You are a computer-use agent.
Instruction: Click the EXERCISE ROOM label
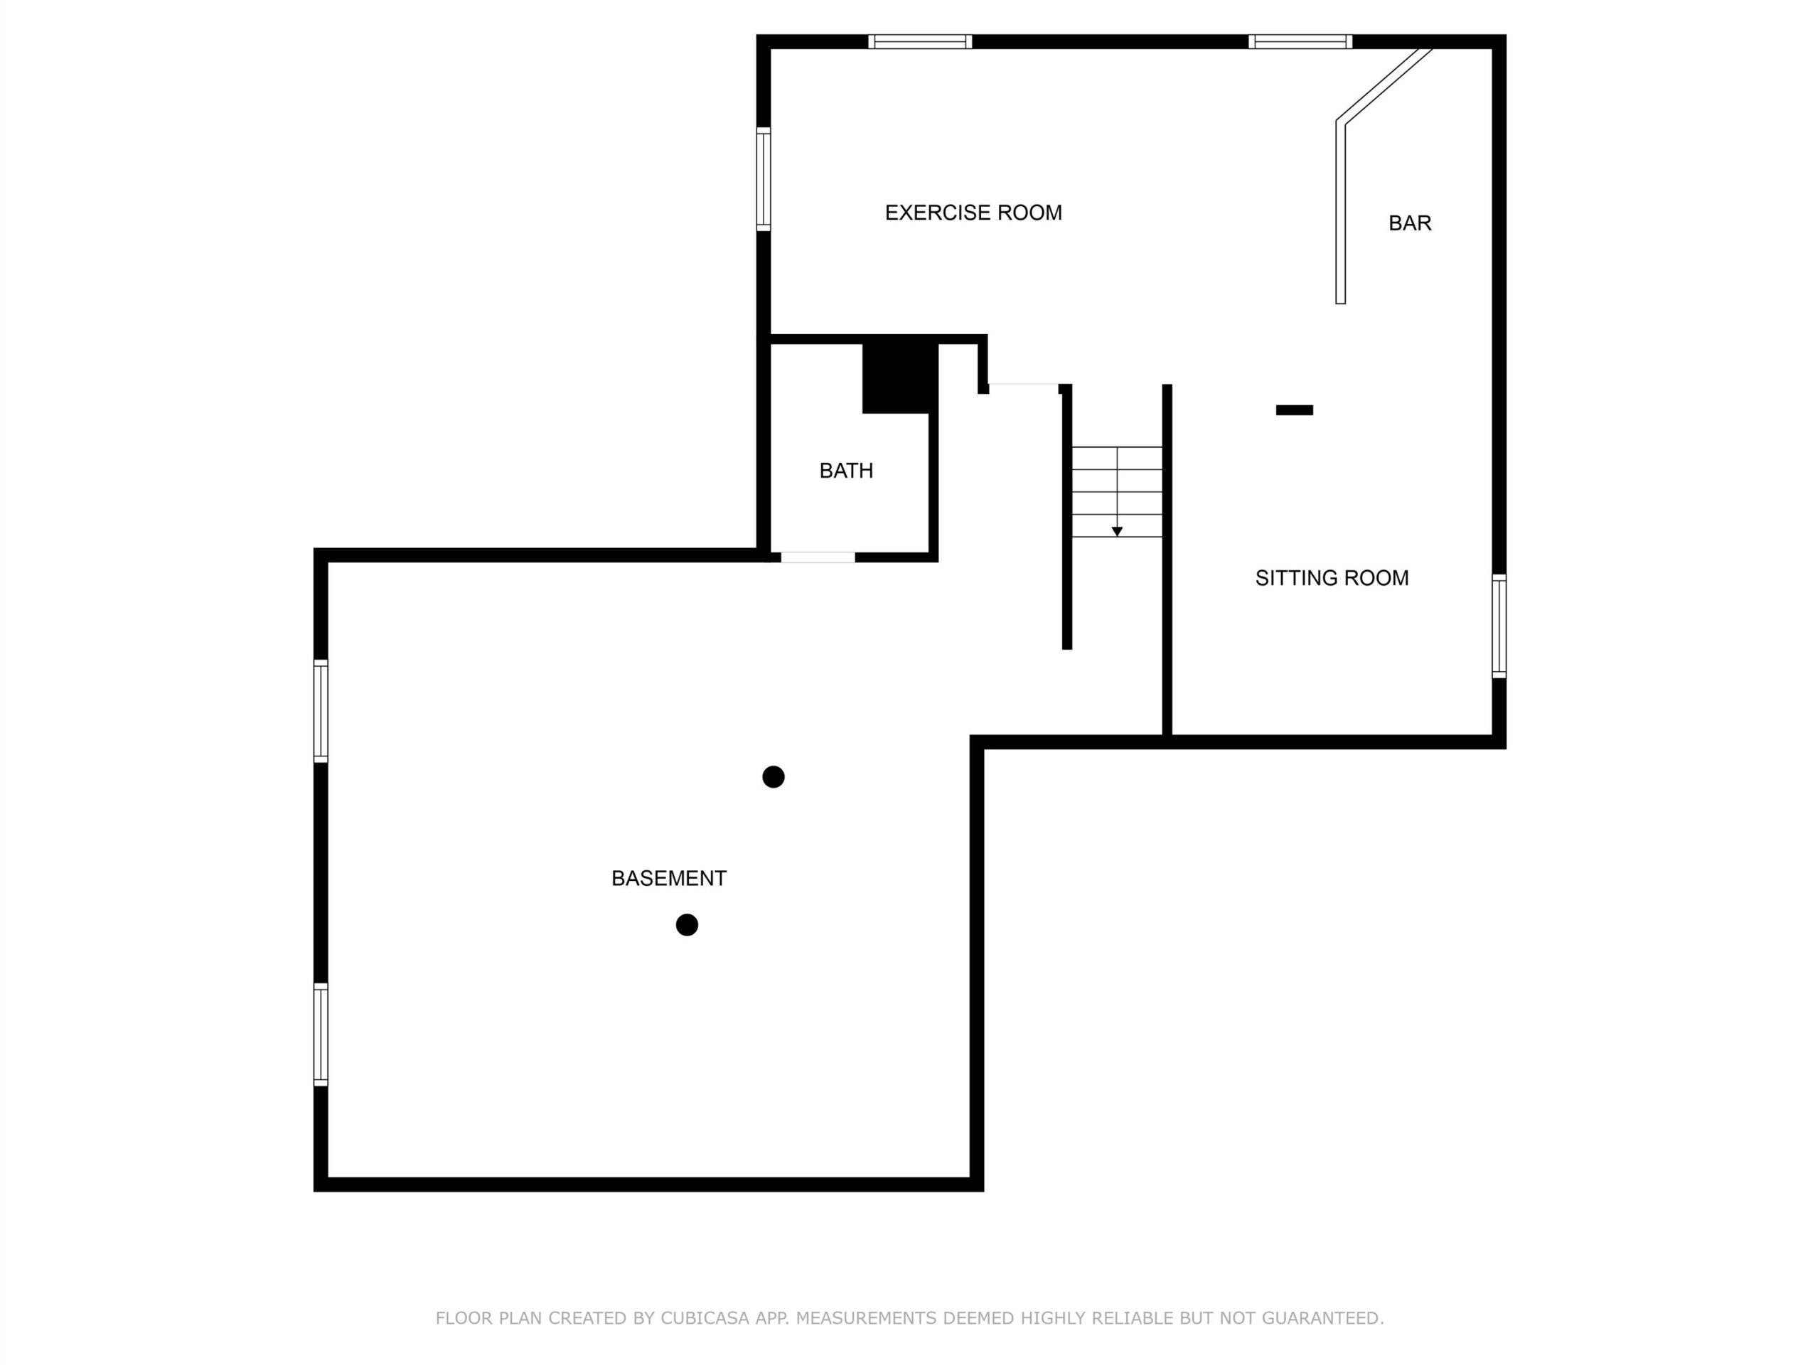(973, 213)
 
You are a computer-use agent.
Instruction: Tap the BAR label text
(1409, 223)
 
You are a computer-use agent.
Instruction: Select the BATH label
(846, 471)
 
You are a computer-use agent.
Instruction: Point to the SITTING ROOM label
(1332, 579)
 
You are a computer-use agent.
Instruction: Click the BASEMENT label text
(668, 879)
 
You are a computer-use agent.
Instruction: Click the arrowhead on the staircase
(1116, 532)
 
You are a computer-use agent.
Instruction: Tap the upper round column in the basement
(773, 777)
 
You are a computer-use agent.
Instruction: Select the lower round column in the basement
(686, 925)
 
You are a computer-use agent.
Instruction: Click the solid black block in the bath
(900, 378)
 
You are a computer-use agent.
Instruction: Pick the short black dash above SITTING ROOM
(1293, 409)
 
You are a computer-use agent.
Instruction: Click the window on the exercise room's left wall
(764, 179)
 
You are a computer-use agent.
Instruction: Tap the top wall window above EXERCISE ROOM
(920, 42)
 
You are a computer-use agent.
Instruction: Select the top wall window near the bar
(1300, 42)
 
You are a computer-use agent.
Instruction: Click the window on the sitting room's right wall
(1499, 626)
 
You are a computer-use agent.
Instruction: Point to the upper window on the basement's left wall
(321, 711)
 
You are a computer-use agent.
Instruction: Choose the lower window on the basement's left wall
(321, 1034)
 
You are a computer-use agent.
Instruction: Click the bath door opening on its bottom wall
(818, 558)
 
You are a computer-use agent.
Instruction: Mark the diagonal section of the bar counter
(1384, 85)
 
